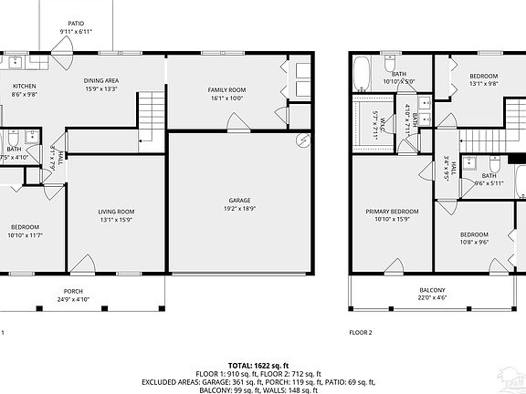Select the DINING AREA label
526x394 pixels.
(102, 80)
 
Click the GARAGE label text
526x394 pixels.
(240, 200)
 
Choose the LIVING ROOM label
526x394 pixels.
(116, 212)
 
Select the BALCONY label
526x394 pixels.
(434, 292)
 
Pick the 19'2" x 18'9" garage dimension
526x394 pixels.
(240, 208)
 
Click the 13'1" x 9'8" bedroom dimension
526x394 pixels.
(484, 84)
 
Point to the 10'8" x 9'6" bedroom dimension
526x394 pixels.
(475, 241)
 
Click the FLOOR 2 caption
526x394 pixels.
(361, 333)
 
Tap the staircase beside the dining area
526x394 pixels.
(150, 111)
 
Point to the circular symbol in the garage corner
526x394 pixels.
(303, 141)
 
